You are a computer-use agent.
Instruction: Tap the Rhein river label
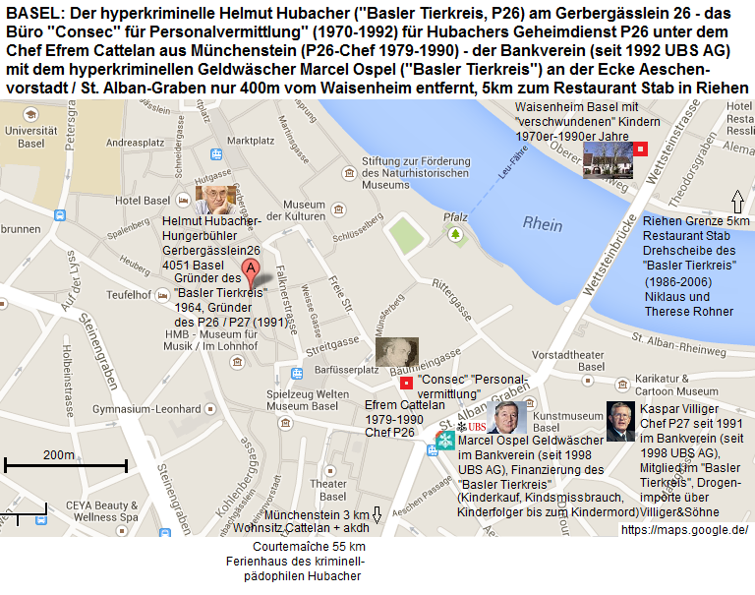pyautogui.click(x=543, y=224)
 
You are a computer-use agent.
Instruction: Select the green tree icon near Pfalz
pyautogui.click(x=455, y=234)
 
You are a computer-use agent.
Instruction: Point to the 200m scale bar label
pyautogui.click(x=58, y=454)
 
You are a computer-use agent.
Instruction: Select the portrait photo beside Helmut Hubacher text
pyautogui.click(x=212, y=199)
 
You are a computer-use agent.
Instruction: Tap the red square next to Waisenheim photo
pyautogui.click(x=640, y=149)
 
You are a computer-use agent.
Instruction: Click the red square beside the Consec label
pyautogui.click(x=406, y=382)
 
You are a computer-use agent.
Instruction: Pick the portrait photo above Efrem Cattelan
pyautogui.click(x=396, y=353)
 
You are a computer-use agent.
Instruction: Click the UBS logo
pyautogui.click(x=474, y=427)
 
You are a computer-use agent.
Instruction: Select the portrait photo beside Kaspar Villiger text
pyautogui.click(x=620, y=421)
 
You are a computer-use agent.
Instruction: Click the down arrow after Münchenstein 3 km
pyautogui.click(x=377, y=515)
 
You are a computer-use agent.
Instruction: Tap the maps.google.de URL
pyautogui.click(x=684, y=529)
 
